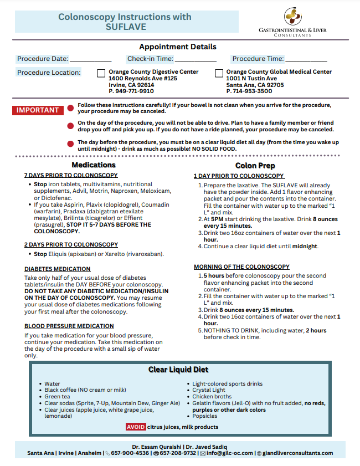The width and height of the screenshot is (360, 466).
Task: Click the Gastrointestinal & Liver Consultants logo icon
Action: [x=293, y=16]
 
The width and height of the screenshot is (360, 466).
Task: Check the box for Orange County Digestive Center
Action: [x=101, y=73]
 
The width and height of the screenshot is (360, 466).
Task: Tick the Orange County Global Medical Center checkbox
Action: [x=219, y=73]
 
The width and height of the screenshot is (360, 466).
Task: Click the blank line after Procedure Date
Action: [x=90, y=59]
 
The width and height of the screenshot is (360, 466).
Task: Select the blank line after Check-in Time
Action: [x=196, y=59]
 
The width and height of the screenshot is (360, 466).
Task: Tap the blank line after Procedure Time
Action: [x=306, y=59]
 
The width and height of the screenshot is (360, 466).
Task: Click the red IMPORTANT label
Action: [x=38, y=110]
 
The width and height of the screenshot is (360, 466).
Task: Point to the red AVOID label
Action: [x=136, y=427]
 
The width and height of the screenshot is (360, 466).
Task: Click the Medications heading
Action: [x=94, y=165]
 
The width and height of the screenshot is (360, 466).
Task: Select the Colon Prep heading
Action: [x=255, y=165]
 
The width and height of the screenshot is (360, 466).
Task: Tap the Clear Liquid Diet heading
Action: [x=178, y=370]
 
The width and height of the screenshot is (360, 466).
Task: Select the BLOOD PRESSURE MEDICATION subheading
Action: [x=69, y=326]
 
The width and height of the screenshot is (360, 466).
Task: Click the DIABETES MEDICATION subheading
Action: [x=58, y=269]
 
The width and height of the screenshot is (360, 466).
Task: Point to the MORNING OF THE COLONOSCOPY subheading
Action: [x=241, y=267]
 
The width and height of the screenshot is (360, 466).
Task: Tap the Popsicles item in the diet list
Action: [x=205, y=416]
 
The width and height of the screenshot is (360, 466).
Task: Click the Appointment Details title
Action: [x=178, y=47]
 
